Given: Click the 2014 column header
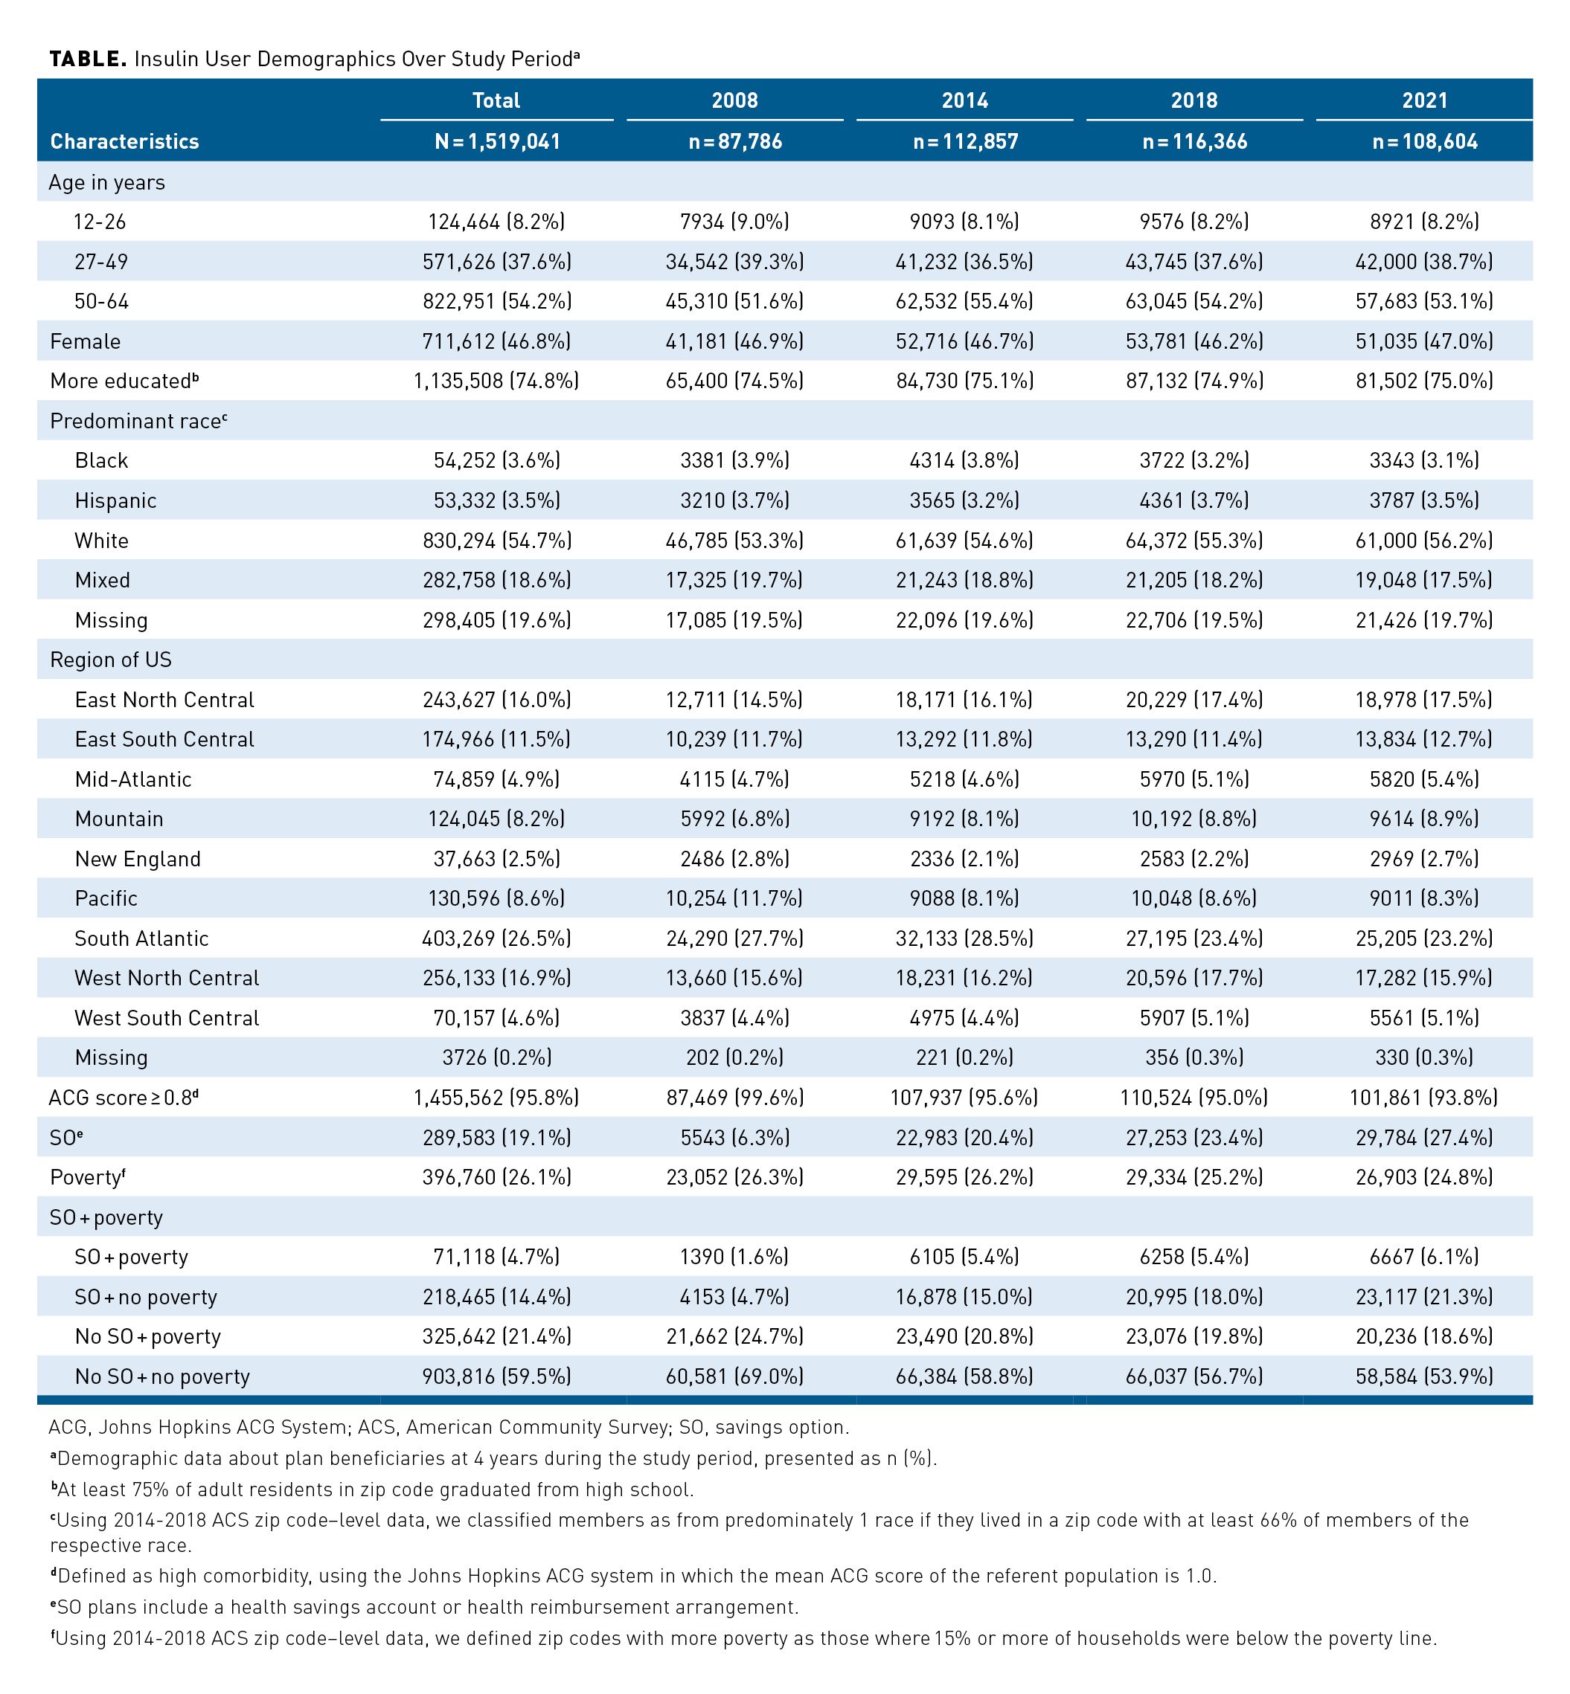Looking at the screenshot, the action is pyautogui.click(x=964, y=100).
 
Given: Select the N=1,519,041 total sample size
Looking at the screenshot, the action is pyautogui.click(x=497, y=141).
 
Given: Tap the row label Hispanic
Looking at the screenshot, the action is pyautogui.click(x=115, y=500).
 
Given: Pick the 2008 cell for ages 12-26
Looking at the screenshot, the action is pyautogui.click(x=735, y=222).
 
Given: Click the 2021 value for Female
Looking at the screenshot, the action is pyautogui.click(x=1424, y=341).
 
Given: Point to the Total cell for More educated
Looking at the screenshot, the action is pyautogui.click(x=497, y=381).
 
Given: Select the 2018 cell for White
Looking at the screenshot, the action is pyautogui.click(x=1194, y=540).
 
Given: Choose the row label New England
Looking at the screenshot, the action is pyautogui.click(x=138, y=858).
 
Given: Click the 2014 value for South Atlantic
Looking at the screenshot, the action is pyautogui.click(x=964, y=938).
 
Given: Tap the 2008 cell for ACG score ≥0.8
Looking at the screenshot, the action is pyautogui.click(x=735, y=1097).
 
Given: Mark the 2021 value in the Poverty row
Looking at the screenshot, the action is pyautogui.click(x=1424, y=1177).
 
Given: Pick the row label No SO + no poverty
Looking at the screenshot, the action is pyautogui.click(x=162, y=1376).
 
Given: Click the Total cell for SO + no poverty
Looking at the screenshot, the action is pyautogui.click(x=497, y=1297).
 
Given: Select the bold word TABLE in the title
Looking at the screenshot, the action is pyautogui.click(x=89, y=59).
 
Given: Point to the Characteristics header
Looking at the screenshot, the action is pyautogui.click(x=124, y=141).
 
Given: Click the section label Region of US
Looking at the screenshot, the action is pyautogui.click(x=110, y=660).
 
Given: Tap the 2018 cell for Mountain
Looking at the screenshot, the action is pyautogui.click(x=1194, y=819).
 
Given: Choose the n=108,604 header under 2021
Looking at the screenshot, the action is pyautogui.click(x=1424, y=141).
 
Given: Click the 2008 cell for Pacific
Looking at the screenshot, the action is pyautogui.click(x=735, y=898).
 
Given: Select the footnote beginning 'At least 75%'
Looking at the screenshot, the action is pyautogui.click(x=372, y=1490).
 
